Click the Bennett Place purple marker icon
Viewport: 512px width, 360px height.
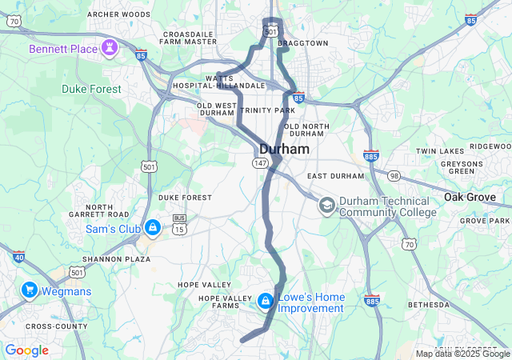110,49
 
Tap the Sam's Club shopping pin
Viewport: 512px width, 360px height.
153,228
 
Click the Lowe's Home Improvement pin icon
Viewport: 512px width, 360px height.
265,301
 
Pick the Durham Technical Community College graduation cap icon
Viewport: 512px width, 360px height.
326,206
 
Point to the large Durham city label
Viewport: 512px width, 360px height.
284,150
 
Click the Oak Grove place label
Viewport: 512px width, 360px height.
477,197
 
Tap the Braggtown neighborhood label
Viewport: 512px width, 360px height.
306,42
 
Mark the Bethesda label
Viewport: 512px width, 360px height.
430,305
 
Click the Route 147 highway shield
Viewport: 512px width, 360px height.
260,162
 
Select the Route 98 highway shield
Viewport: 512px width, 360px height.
394,175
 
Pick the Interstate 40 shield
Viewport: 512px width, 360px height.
18,257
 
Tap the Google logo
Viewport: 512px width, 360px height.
26,350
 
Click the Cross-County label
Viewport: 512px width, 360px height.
57,326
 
